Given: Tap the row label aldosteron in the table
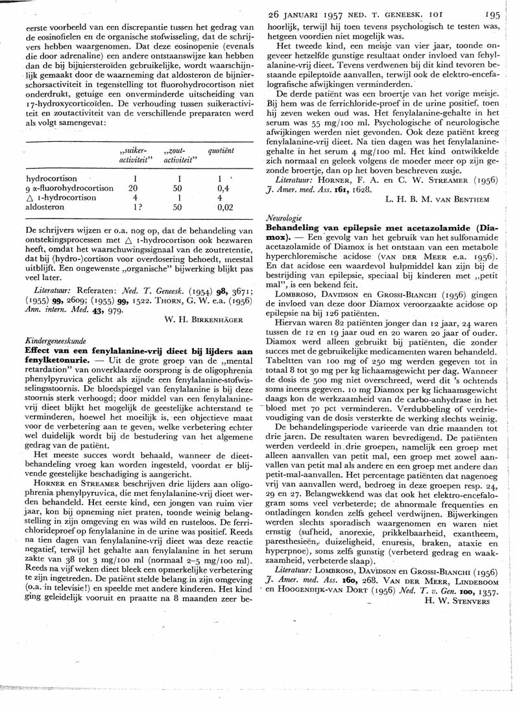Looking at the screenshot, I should click(46, 209).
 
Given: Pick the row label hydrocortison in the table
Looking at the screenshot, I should click(52, 178).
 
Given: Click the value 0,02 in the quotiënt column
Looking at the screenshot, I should click(225, 209).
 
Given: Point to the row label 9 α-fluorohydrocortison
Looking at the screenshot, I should click(69, 189).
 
